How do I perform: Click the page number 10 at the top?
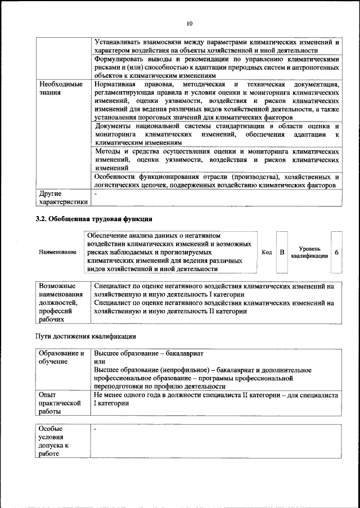(x=190, y=24)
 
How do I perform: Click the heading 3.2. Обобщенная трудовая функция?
(x=94, y=218)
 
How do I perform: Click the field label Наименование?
(x=57, y=252)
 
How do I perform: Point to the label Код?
(x=267, y=252)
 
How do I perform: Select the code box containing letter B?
(x=282, y=252)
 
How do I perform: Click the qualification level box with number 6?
(x=336, y=252)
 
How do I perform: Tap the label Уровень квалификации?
(x=310, y=252)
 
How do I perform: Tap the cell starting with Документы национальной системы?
(x=217, y=135)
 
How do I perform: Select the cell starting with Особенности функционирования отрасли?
(x=217, y=181)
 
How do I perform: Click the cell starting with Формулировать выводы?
(x=217, y=66)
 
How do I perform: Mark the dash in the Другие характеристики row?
(x=96, y=194)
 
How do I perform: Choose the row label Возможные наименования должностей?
(x=61, y=302)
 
